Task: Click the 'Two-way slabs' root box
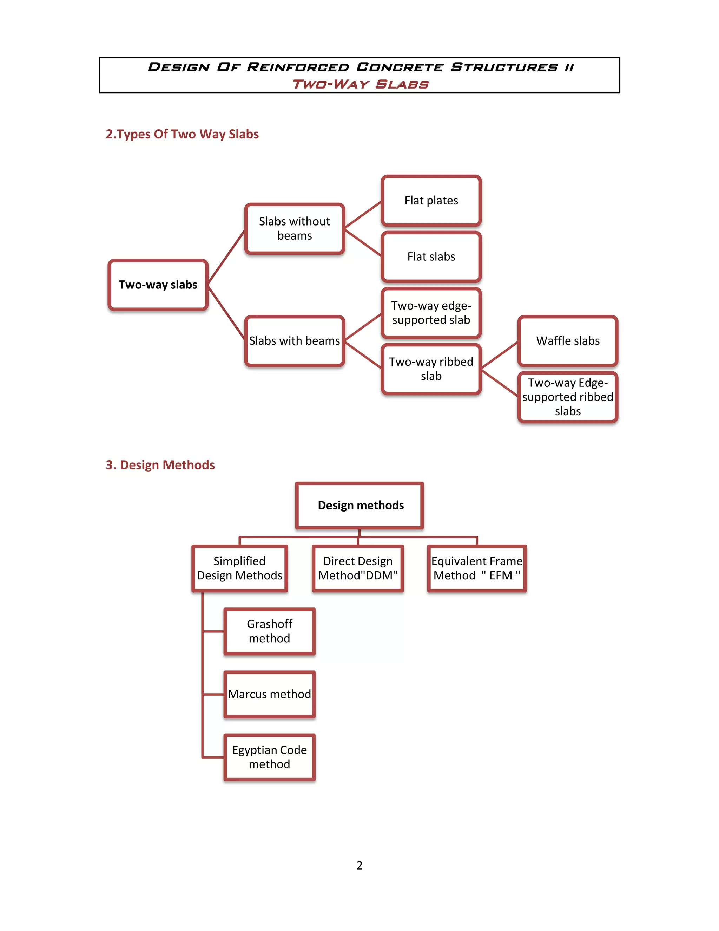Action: (158, 285)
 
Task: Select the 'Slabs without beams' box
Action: (294, 228)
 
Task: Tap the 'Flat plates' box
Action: (431, 200)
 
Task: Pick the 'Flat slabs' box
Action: (431, 256)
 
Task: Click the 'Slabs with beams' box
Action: (294, 340)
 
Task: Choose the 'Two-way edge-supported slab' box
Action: (431, 313)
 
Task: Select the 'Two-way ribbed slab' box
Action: (431, 369)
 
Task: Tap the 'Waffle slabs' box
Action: (567, 340)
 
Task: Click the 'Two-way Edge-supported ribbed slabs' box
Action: (567, 397)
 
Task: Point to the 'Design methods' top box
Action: (360, 505)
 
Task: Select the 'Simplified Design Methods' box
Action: (239, 568)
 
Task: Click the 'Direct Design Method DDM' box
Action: (358, 568)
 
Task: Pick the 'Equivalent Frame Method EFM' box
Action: (477, 568)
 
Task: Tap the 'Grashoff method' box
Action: (269, 631)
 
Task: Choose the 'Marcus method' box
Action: (269, 694)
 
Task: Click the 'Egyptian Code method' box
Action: (269, 757)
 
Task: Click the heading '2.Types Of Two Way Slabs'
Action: (182, 134)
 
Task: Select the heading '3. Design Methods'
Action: (160, 465)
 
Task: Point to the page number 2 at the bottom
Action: (359, 865)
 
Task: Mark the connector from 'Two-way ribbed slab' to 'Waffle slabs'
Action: (500, 355)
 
